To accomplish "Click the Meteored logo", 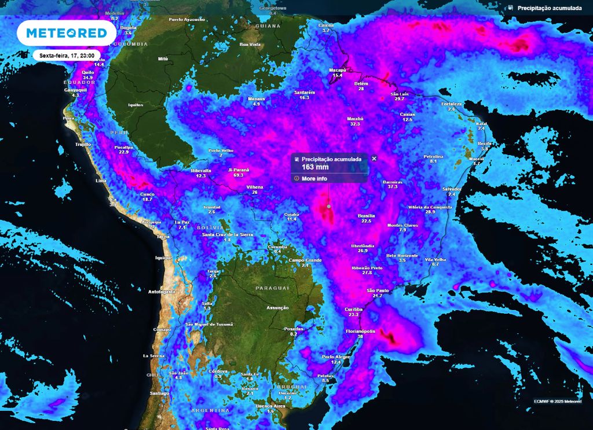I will coord(66,33).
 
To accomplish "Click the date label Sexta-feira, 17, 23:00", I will coord(67,56).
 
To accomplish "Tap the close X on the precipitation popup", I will coord(374,158).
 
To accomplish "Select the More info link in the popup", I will coord(314,178).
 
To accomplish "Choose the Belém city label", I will coord(361,83).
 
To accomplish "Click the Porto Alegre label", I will coord(336,357).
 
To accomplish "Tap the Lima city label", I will coord(101,181).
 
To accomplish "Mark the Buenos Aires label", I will coord(270,406).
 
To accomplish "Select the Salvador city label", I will coord(451,189).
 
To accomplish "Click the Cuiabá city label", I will coord(291,214).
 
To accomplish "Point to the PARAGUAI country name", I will coord(272,288).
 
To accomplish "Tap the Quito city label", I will coord(87,72).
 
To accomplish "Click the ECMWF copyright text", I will coord(558,400).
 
